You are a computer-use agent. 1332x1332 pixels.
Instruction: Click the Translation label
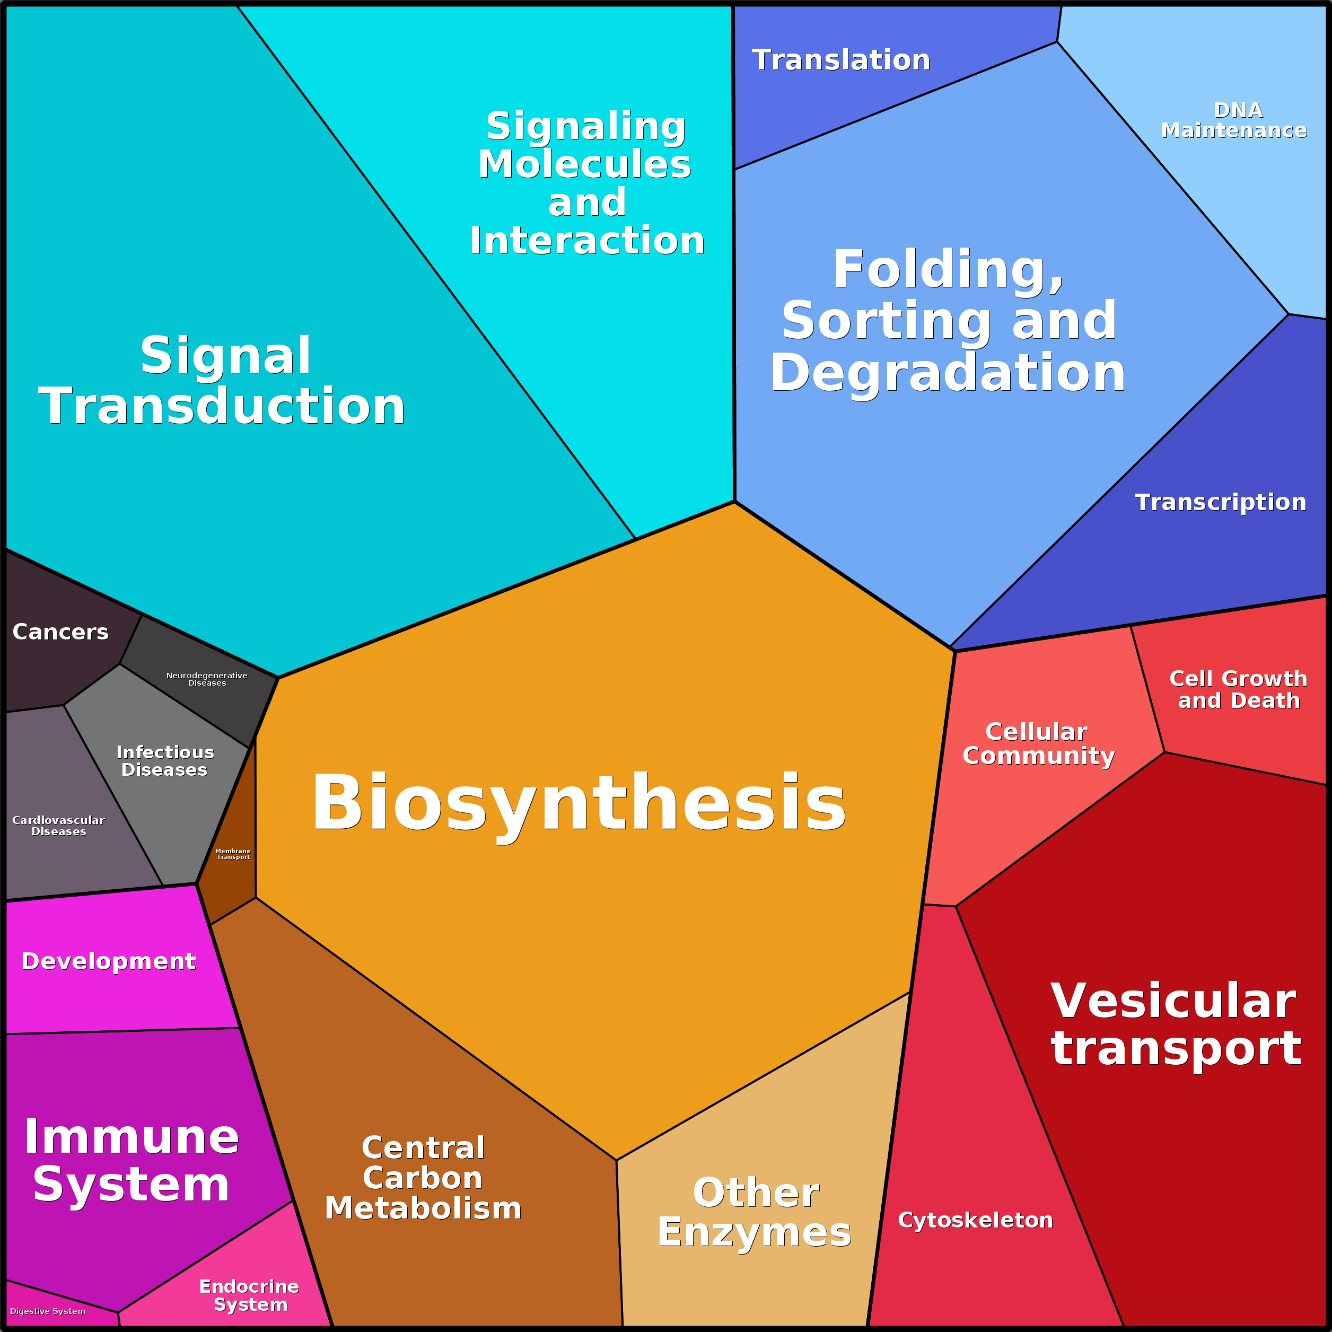point(840,60)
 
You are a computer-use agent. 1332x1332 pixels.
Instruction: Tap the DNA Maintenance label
point(1233,121)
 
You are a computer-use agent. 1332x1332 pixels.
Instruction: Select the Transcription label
point(1220,502)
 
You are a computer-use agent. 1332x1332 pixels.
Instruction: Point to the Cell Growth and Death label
point(1238,689)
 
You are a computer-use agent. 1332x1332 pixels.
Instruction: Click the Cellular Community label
point(1038,744)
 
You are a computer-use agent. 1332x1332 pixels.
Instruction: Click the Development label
point(108,961)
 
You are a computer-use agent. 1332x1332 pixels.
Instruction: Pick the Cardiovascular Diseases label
point(59,826)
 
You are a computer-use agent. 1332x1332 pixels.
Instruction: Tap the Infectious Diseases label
point(165,761)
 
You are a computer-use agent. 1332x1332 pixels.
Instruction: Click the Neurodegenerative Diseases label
point(207,679)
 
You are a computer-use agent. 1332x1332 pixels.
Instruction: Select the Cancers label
point(60,632)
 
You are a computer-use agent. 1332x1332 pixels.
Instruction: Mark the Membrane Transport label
point(233,854)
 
